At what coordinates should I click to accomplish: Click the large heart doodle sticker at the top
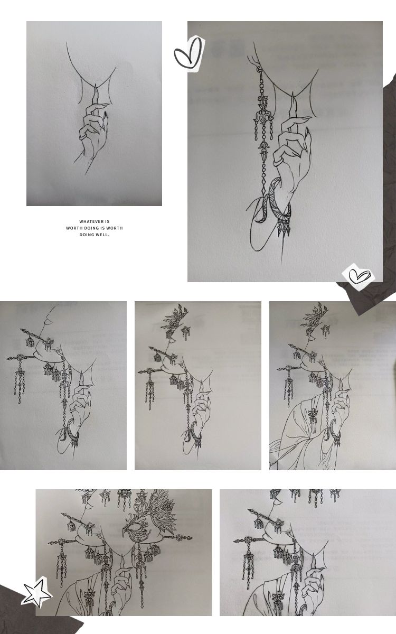188,54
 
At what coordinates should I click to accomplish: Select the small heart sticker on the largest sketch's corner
359,277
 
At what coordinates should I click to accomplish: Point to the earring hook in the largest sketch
259,68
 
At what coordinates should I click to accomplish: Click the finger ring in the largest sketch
278,162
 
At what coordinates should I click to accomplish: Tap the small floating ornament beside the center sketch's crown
185,332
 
